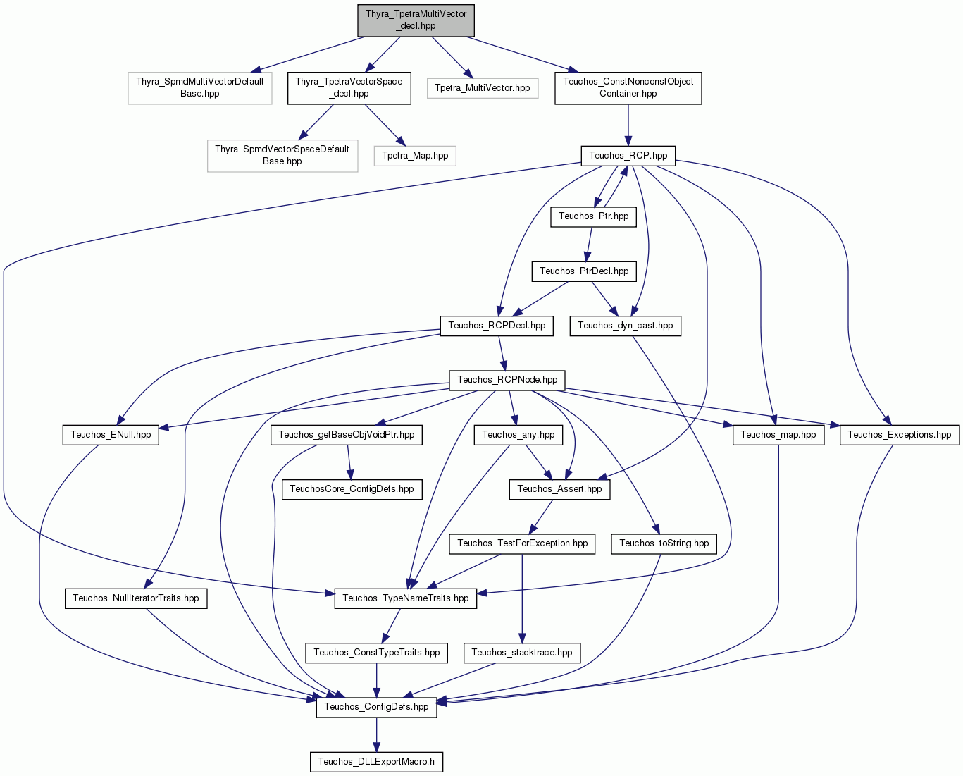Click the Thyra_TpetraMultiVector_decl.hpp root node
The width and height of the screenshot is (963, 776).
point(416,20)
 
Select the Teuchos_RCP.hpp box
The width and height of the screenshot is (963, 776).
point(628,156)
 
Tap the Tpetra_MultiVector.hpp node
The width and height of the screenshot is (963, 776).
point(483,88)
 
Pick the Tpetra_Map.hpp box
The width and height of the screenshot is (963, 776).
point(415,156)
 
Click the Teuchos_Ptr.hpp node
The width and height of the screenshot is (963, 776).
point(593,216)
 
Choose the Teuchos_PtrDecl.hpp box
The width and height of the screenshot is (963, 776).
point(584,271)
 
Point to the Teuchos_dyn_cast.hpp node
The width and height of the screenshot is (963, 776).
point(625,326)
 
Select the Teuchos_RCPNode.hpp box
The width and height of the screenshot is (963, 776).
point(507,380)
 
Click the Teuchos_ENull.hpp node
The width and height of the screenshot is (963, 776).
point(111,435)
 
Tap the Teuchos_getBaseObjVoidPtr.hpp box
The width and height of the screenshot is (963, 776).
point(347,435)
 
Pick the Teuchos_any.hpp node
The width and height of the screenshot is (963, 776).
point(518,435)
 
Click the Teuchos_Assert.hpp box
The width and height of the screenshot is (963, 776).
point(559,489)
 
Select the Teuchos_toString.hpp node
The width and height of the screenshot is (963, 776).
point(664,543)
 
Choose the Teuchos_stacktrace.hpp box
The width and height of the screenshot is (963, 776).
point(522,653)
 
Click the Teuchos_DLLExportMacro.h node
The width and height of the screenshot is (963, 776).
point(376,762)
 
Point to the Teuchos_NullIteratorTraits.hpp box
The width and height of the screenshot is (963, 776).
point(135,598)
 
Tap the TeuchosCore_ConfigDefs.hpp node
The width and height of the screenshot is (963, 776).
point(352,489)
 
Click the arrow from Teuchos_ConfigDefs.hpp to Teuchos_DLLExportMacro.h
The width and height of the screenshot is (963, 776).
point(376,735)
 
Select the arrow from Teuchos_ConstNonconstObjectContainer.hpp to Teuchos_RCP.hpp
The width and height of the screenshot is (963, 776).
point(628,125)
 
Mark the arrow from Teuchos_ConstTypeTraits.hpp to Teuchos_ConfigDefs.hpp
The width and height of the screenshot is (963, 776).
point(376,680)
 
